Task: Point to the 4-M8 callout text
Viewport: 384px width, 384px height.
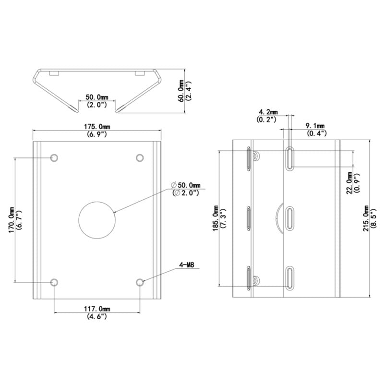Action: [187, 265]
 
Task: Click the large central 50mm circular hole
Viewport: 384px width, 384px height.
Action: [97, 220]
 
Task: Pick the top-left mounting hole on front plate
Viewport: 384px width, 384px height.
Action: [54, 158]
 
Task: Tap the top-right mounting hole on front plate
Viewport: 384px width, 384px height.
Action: [140, 158]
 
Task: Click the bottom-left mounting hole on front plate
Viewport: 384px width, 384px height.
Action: [54, 282]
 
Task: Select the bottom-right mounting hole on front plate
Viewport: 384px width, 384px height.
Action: [140, 282]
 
